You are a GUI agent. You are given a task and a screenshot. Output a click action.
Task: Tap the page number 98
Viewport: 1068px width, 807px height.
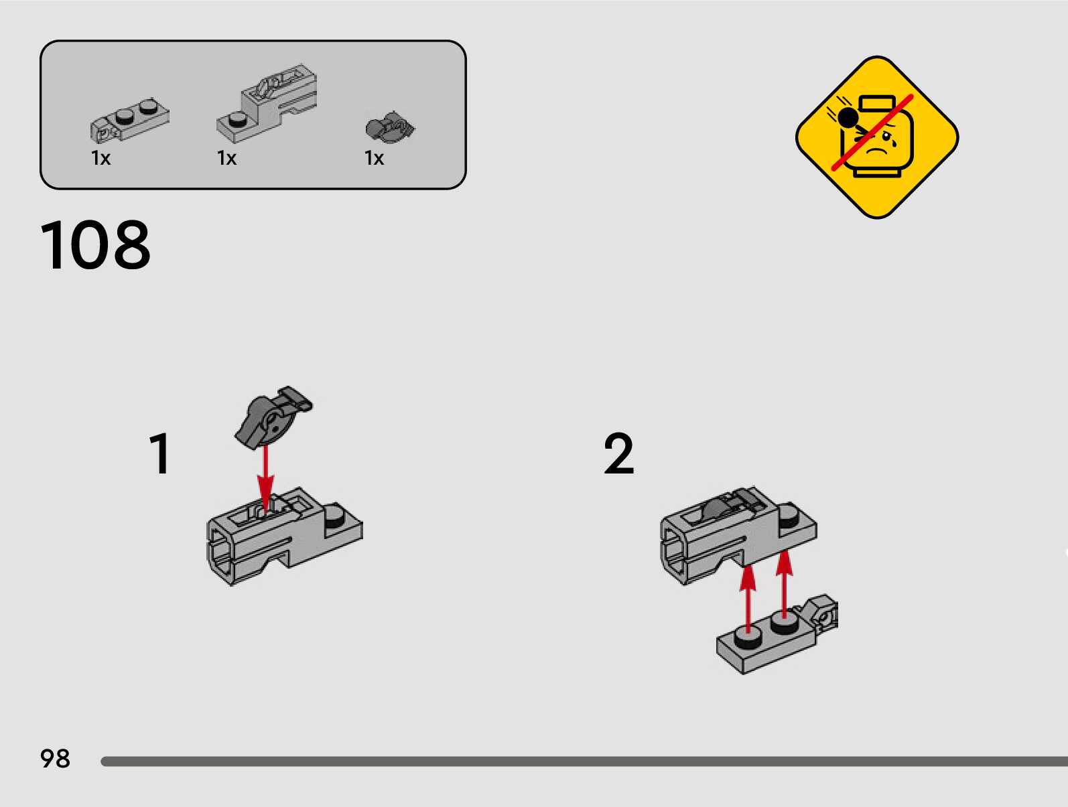coord(55,759)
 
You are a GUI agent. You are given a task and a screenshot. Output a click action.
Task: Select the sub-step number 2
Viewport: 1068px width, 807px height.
coord(618,453)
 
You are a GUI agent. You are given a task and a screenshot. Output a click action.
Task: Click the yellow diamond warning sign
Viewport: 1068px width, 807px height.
coord(877,137)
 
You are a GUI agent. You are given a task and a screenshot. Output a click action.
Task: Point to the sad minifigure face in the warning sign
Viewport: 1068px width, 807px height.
coord(877,137)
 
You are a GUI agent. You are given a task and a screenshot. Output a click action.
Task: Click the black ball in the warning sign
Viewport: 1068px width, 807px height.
coord(848,118)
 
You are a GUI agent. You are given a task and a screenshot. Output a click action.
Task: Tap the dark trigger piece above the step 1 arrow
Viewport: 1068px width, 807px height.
coord(273,417)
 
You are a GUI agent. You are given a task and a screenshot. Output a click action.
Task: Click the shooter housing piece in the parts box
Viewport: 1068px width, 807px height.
coord(267,103)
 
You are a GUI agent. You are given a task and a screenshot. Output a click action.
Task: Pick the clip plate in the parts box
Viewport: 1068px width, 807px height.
coord(129,120)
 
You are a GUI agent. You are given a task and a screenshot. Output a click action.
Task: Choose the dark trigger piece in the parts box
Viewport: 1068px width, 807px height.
coord(390,127)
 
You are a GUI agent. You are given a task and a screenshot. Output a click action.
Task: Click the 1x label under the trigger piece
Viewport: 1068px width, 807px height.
coord(374,158)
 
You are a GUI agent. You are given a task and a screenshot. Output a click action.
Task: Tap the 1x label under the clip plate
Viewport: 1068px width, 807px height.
coord(101,158)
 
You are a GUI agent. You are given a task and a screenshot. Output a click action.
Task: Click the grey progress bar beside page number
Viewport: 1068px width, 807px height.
coord(584,761)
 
